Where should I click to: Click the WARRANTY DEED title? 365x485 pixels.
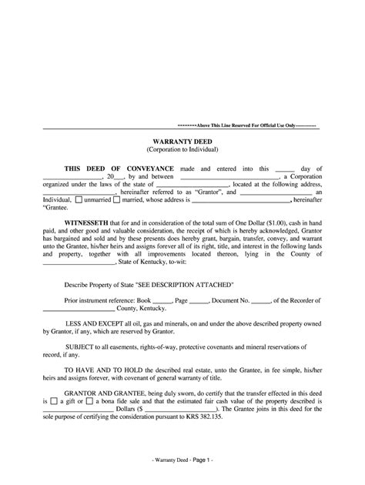coord(182,141)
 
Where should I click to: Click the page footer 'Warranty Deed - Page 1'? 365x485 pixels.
coord(182,460)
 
